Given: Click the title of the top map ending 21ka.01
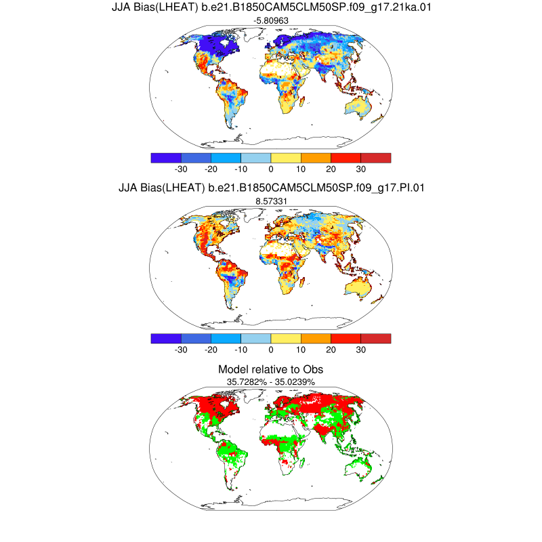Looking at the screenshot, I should (270, 8).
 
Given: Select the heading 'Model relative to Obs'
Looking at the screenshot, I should (270, 369).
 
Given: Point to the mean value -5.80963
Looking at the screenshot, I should (270, 22).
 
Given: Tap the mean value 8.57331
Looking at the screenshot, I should (270, 201).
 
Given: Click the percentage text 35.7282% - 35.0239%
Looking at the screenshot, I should (270, 382).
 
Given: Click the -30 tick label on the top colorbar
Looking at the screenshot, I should (181, 169).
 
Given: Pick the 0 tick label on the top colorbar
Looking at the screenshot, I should (271, 169).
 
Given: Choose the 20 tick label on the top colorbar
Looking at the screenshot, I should (331, 169).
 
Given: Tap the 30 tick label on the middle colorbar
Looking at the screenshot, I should (360, 350).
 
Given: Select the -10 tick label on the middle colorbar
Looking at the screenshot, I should (241, 350).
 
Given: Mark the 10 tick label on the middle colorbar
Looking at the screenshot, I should (301, 350).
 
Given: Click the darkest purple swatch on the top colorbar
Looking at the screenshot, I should (166, 158).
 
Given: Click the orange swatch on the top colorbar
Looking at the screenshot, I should (316, 158).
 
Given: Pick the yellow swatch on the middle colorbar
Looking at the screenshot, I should (286, 338).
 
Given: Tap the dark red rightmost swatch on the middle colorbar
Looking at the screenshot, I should (376, 338).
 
